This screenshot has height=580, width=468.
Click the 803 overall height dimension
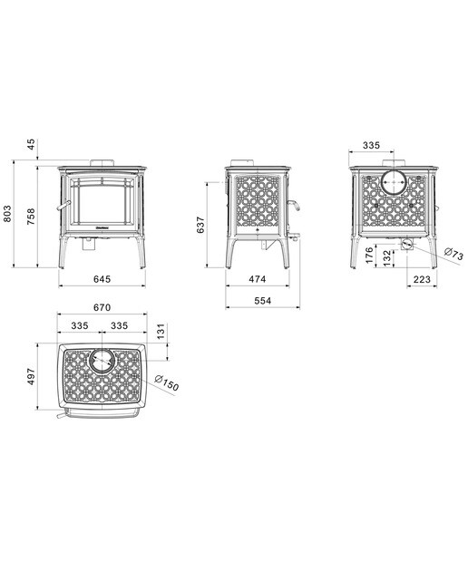tap(8, 214)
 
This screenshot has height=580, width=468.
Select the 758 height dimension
tap(31, 217)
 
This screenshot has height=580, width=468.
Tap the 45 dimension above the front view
tap(31, 144)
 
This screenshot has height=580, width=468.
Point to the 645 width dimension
tap(102, 279)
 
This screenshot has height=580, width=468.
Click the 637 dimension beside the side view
tap(200, 225)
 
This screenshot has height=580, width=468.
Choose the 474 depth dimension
tap(257, 279)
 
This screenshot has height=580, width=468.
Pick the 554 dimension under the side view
tap(262, 301)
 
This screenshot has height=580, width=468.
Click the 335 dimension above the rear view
tap(371, 145)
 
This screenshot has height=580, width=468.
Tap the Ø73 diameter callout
tap(453, 254)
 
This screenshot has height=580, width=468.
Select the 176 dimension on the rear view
tap(369, 256)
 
